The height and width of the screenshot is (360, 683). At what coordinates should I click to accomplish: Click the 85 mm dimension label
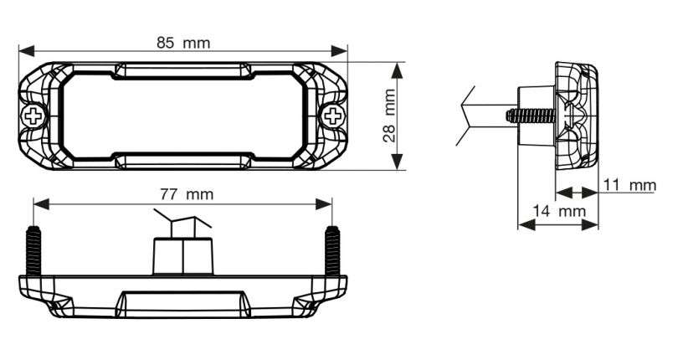183,44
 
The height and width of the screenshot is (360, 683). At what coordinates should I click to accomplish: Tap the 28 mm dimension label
389,116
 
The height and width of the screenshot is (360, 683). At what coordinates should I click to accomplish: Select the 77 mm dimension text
187,194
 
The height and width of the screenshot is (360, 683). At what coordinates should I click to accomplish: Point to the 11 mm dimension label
629,185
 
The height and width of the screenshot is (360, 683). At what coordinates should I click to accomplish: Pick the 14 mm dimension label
559,211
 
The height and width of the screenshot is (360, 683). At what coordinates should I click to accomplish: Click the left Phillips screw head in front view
33,116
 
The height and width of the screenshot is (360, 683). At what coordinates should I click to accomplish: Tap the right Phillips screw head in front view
333,116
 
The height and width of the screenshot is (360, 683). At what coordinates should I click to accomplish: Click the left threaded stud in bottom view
33,251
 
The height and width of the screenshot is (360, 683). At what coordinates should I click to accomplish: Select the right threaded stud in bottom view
332,251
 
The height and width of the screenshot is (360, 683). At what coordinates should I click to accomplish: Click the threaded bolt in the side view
531,116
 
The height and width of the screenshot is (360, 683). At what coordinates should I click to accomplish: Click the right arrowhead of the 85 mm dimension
339,50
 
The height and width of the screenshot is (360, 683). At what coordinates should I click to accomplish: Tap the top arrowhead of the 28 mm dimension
397,70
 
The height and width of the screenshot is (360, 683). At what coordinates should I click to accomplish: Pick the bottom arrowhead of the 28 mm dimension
397,162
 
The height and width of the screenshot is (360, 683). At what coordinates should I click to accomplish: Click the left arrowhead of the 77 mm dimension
41,203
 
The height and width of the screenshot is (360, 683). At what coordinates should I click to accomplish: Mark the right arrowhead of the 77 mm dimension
324,203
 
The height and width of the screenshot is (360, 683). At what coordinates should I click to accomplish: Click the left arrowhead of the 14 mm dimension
526,225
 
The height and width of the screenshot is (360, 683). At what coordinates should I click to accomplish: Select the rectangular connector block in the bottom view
183,256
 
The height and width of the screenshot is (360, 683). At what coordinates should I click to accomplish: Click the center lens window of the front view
183,116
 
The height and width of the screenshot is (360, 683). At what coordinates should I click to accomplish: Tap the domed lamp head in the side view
577,116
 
